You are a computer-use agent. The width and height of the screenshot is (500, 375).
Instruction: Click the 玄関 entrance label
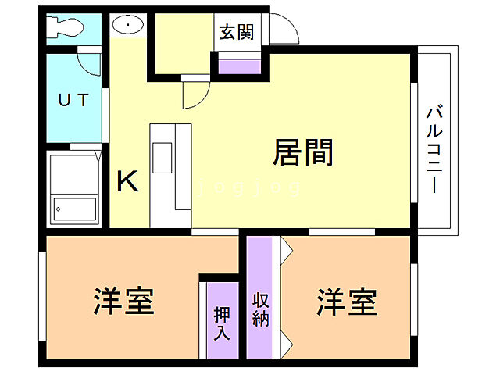pyautogui.click(x=237, y=32)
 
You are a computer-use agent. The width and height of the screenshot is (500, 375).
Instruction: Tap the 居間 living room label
pyautogui.click(x=303, y=152)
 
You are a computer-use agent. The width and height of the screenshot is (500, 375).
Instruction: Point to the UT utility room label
pyautogui.click(x=73, y=100)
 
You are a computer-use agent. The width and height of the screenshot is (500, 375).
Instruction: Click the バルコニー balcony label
pyautogui.click(x=434, y=148)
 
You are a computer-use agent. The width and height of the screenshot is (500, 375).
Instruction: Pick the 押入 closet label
pyautogui.click(x=222, y=323)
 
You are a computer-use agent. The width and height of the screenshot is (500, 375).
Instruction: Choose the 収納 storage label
pyautogui.click(x=261, y=309)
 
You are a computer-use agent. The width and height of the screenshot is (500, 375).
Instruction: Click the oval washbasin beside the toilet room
pyautogui.click(x=128, y=24)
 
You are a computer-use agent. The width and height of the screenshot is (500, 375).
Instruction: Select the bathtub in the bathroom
pyautogui.click(x=74, y=189)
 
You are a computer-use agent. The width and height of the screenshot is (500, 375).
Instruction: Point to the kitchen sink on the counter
pyautogui.click(x=162, y=158)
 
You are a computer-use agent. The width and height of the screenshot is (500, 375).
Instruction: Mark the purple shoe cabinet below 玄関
pyautogui.click(x=240, y=66)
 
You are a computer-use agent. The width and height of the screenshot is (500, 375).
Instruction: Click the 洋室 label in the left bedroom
pyautogui.click(x=123, y=301)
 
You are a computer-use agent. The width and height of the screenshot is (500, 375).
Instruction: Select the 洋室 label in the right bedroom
pyautogui.click(x=347, y=302)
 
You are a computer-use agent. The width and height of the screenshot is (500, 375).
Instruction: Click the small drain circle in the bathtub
pyautogui.click(x=59, y=209)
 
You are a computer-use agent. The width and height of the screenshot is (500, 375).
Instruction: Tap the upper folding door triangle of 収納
pyautogui.click(x=287, y=250)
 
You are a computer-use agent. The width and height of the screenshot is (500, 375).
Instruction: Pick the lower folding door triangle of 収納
pyautogui.click(x=287, y=344)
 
